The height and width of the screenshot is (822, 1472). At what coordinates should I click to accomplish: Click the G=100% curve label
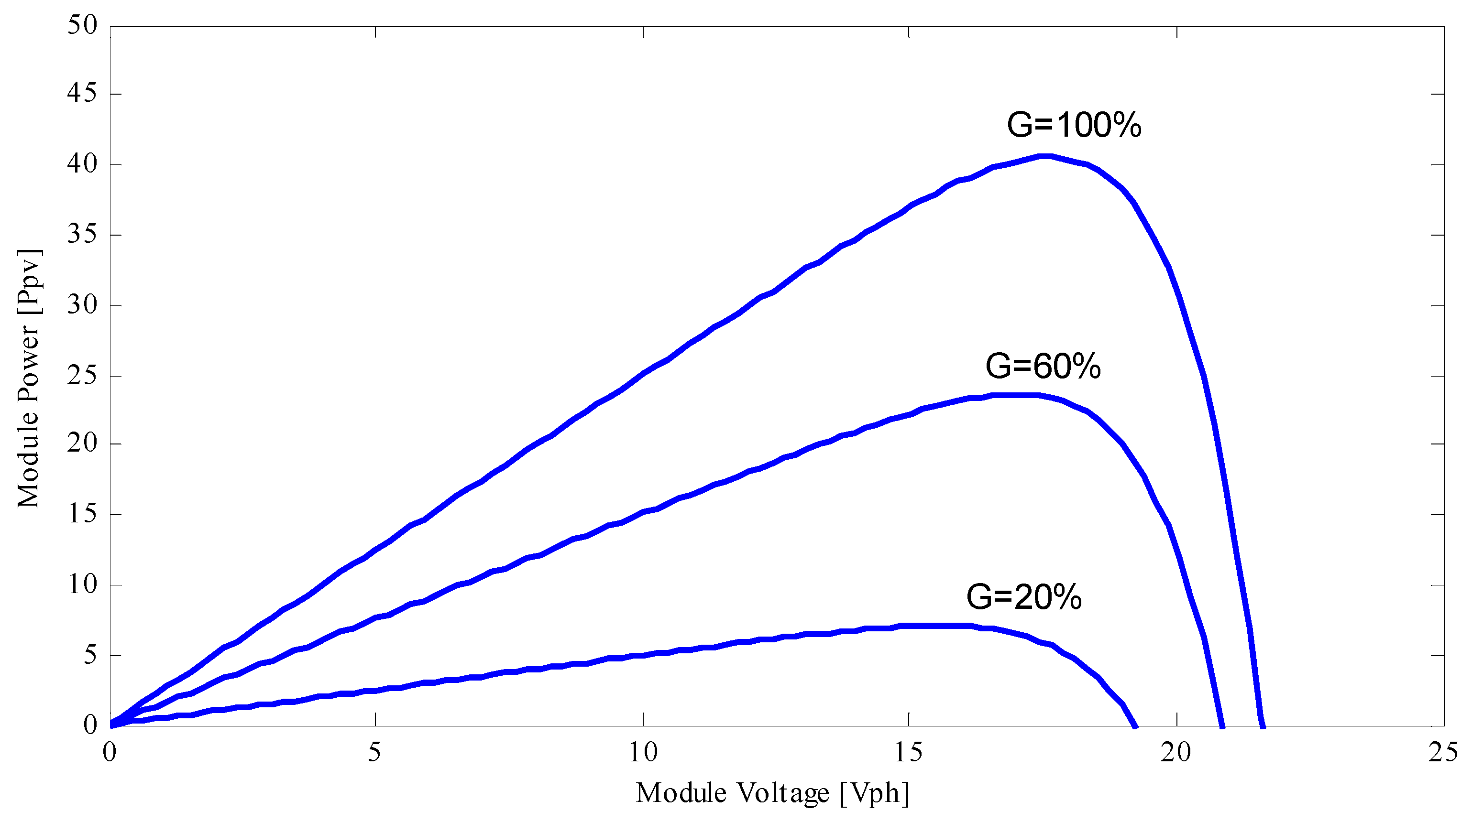(1073, 125)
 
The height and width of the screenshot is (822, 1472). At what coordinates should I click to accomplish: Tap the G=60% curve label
(1042, 366)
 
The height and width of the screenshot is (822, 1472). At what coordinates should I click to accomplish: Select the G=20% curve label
(1023, 597)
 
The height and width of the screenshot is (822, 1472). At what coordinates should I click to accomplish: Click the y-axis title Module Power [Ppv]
(28, 379)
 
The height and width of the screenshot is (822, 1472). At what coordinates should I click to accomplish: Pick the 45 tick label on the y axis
(82, 93)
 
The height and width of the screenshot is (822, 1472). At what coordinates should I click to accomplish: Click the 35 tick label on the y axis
(82, 234)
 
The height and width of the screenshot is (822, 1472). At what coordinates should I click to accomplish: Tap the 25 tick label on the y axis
(82, 375)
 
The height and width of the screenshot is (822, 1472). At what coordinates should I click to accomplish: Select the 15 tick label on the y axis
(82, 514)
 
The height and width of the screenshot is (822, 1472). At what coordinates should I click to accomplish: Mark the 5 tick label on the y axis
(90, 655)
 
